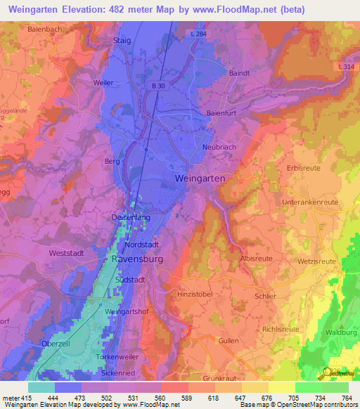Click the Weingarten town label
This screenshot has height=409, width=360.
(x=199, y=179)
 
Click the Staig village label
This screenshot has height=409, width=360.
(x=122, y=41)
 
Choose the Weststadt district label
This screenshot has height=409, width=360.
(x=67, y=252)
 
